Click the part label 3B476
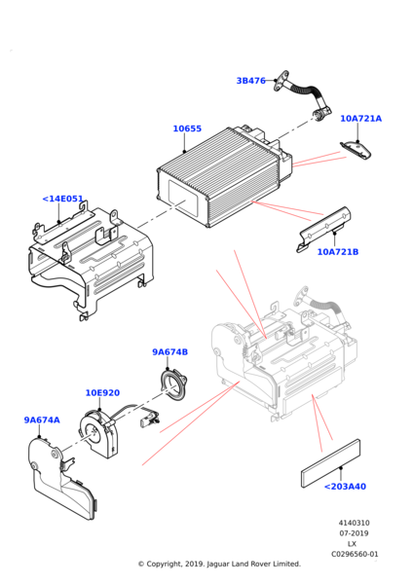[x=251, y=81]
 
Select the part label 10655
[x=187, y=128]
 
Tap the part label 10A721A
[x=360, y=119]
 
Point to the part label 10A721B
[x=338, y=252]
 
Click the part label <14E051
[x=62, y=199]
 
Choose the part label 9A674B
[x=169, y=352]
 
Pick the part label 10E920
[x=102, y=393]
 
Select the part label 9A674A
[x=42, y=420]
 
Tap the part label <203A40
[x=345, y=487]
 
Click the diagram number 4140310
[x=355, y=523]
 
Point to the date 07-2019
[x=354, y=533]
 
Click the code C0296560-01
[x=355, y=554]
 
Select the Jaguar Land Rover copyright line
[x=219, y=564]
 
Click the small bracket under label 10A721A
[x=356, y=150]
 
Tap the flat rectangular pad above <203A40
[x=330, y=463]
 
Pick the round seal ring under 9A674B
[x=173, y=385]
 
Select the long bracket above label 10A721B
[x=323, y=229]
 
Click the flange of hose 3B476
[x=282, y=81]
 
